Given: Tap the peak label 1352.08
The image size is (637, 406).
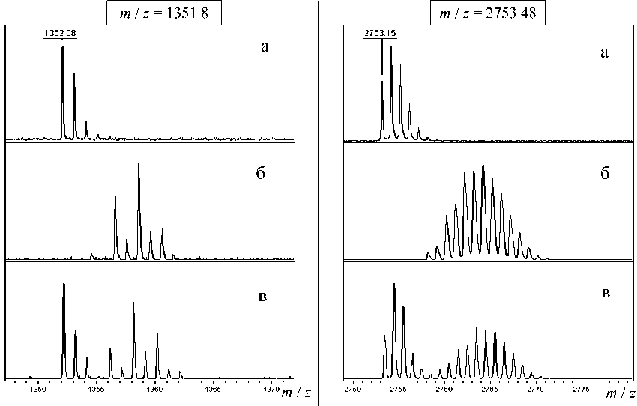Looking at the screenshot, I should point(61,33).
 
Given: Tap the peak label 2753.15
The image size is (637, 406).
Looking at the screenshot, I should point(381,33).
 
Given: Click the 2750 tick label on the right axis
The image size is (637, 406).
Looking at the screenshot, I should point(352,390).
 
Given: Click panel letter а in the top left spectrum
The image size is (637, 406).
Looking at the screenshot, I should point(264,49).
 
